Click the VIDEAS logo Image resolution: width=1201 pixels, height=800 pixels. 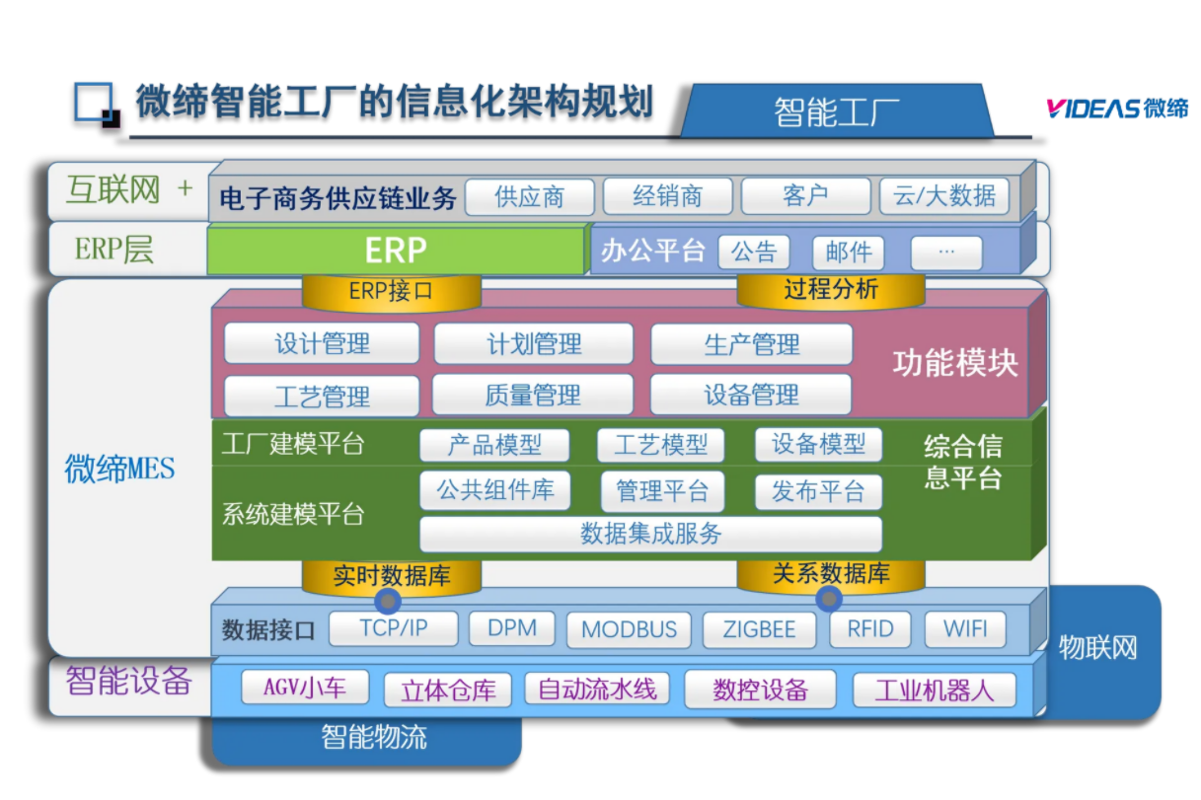[1117, 109]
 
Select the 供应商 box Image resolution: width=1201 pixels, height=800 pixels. [530, 196]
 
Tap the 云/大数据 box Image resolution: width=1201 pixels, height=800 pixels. [944, 195]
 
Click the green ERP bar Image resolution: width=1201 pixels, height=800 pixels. [396, 251]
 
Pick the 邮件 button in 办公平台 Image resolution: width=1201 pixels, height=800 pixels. [848, 253]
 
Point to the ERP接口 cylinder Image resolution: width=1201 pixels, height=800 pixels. [391, 292]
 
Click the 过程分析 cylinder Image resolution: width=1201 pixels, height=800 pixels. [831, 290]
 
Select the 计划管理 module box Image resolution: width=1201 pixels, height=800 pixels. [534, 344]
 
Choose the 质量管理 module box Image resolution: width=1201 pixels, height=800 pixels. [533, 396]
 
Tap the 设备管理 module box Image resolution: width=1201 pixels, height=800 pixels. [751, 396]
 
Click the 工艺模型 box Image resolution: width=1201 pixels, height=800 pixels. [660, 445]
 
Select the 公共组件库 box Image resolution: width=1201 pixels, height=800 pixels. [495, 490]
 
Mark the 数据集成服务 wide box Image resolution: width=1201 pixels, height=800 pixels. [650, 534]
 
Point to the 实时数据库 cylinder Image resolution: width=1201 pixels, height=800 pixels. [391, 576]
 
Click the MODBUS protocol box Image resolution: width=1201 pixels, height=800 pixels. [629, 629]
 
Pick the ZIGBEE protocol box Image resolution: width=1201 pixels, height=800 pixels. [759, 629]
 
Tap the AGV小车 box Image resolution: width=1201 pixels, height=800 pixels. [306, 688]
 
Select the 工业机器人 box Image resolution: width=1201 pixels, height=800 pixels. [934, 690]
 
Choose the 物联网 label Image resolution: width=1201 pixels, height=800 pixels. [1097, 648]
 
